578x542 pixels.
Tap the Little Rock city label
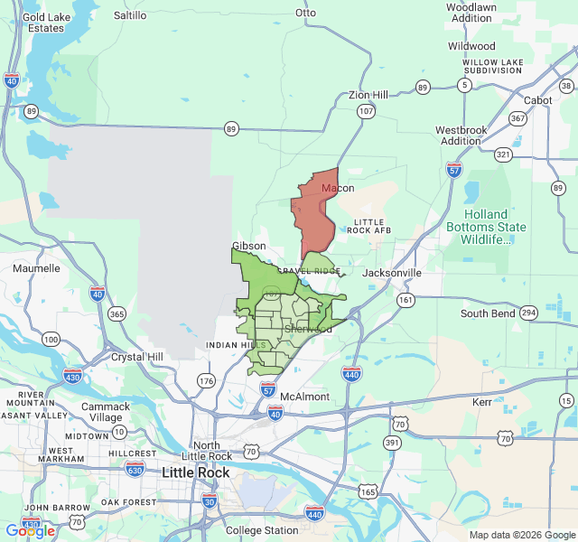tap(195, 472)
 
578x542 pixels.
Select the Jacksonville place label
tap(392, 273)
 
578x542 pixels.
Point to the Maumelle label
tap(36, 268)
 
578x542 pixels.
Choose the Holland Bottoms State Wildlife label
tap(486, 227)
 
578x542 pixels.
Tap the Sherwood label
tap(307, 330)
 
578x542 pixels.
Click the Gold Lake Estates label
tap(45, 23)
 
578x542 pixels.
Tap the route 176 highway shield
tap(206, 381)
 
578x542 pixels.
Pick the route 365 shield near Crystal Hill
tap(117, 314)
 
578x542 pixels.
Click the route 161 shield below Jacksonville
tap(406, 299)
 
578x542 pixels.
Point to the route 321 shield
tap(503, 154)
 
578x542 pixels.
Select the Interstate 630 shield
tap(135, 468)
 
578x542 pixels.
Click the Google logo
tap(31, 531)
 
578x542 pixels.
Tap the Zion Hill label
tap(368, 95)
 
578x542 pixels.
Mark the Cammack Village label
tap(106, 412)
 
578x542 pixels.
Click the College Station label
tap(262, 530)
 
